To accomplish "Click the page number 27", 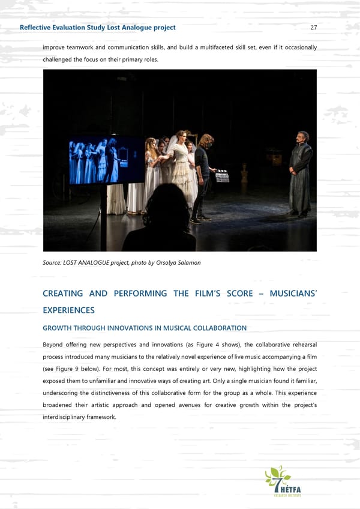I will (313, 28).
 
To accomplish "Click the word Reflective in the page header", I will (37, 28).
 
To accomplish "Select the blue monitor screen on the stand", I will (106, 160).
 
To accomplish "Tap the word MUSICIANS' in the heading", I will (293, 294).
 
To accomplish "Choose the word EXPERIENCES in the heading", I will (68, 310).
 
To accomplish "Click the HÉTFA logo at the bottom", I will (283, 481).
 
